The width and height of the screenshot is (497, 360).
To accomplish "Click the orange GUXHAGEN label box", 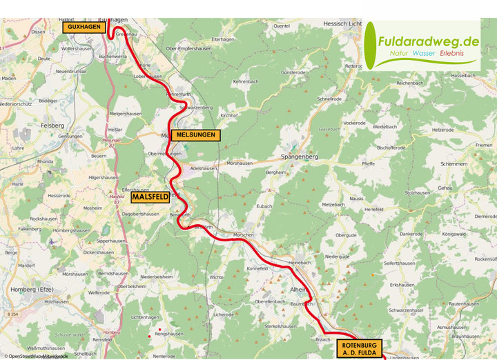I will point(84,27).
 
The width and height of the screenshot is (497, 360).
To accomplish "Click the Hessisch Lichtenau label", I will point(342,23).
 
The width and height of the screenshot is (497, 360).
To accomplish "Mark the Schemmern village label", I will point(453,164).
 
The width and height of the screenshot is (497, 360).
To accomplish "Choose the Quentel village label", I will point(282,26).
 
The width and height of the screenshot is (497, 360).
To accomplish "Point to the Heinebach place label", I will point(301,263).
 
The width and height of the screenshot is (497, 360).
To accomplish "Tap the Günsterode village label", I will point(293,72).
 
